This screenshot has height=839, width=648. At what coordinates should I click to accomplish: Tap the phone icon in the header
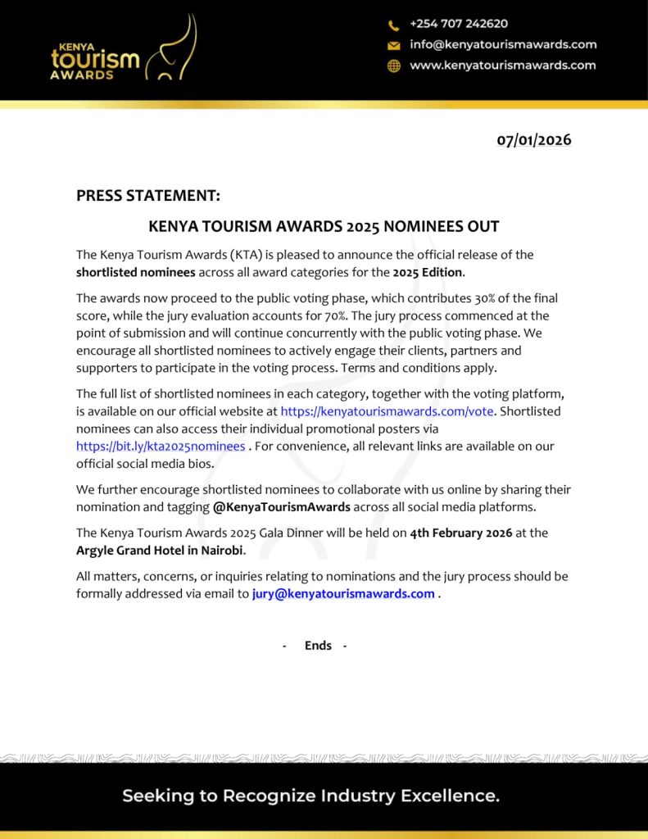(394, 25)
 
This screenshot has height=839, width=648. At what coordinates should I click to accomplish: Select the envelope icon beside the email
(394, 46)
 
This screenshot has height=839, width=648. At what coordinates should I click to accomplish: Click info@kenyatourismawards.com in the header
(503, 44)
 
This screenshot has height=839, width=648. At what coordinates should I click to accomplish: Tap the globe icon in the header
(394, 66)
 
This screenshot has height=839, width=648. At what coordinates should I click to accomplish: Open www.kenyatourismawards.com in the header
(502, 65)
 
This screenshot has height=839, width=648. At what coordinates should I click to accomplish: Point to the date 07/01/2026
(533, 140)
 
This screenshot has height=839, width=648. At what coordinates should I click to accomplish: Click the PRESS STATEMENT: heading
(148, 196)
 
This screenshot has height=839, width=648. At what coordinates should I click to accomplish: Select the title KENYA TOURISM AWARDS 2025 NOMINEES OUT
(324, 227)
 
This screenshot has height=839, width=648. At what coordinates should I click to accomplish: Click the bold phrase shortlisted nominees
(135, 272)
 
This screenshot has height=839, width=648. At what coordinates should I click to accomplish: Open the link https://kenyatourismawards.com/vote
(387, 411)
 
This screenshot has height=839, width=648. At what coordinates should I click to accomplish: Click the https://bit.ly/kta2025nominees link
(161, 447)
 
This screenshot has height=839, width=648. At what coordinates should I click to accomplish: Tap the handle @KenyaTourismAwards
(281, 507)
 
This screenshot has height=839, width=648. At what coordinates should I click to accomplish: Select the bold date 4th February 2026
(460, 533)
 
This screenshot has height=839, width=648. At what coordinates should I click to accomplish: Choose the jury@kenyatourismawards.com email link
(343, 594)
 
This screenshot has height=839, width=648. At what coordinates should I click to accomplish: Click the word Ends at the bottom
(318, 646)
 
